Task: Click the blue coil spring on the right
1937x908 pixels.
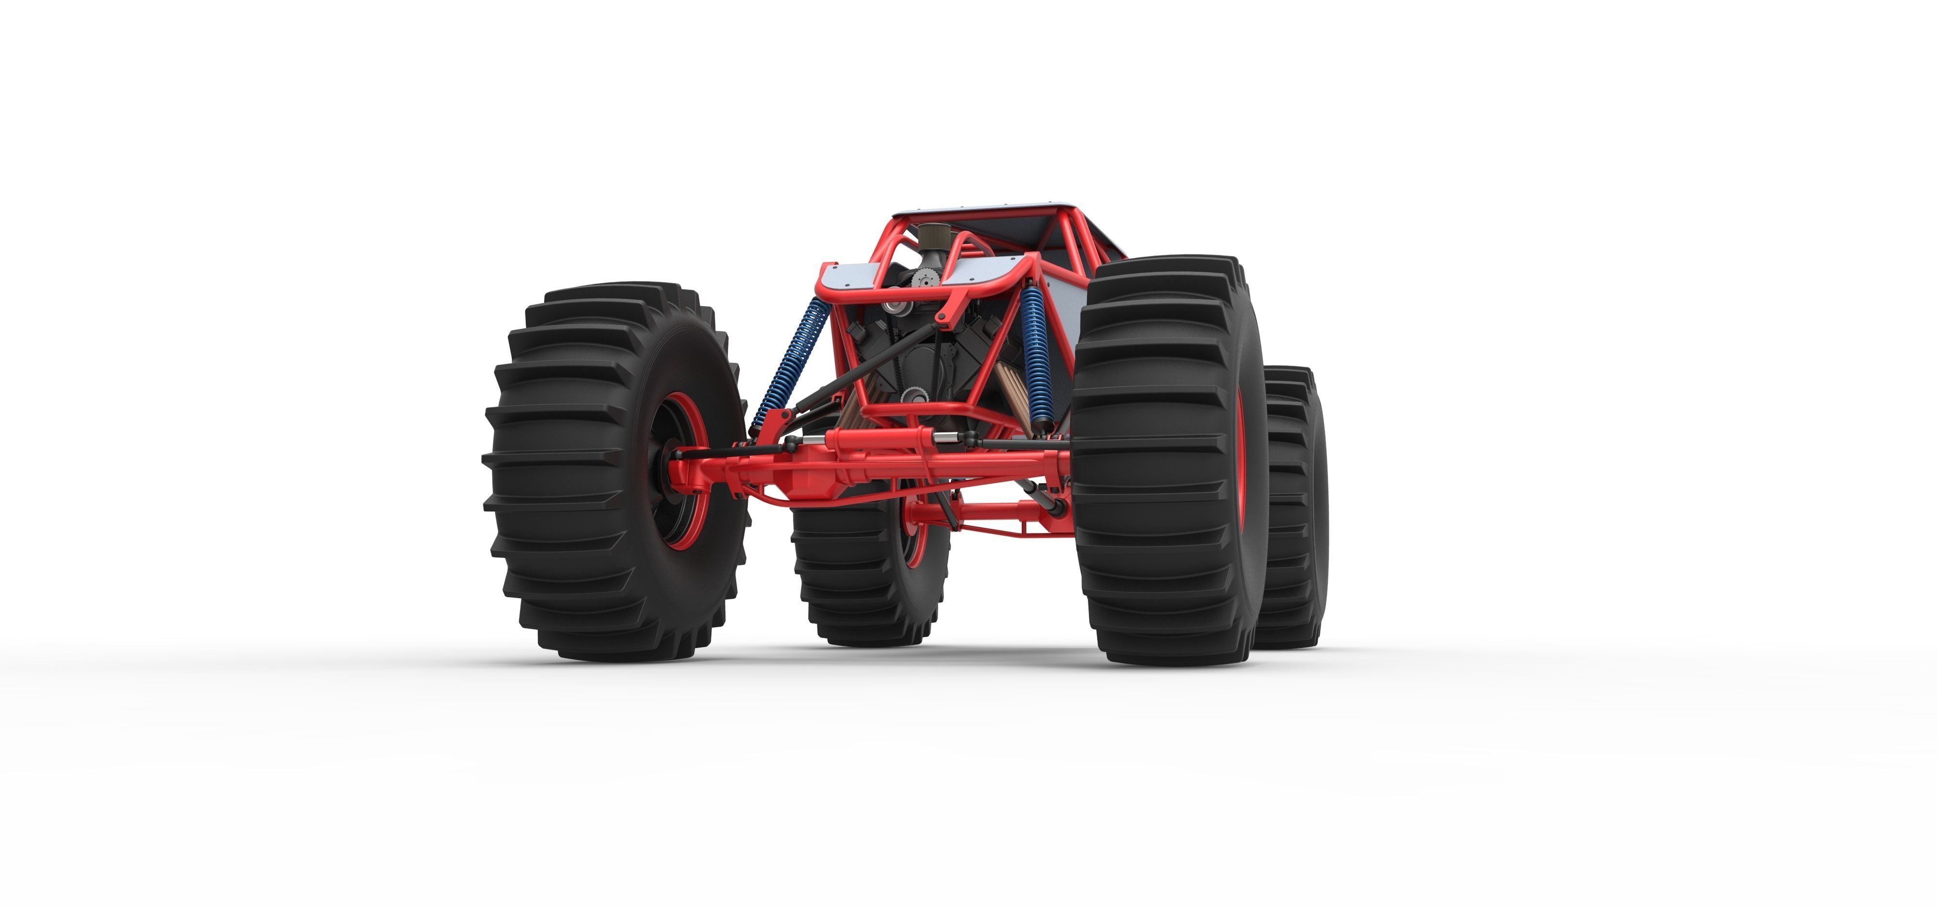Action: (1035, 354)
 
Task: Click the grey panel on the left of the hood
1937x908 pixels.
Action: (850, 278)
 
